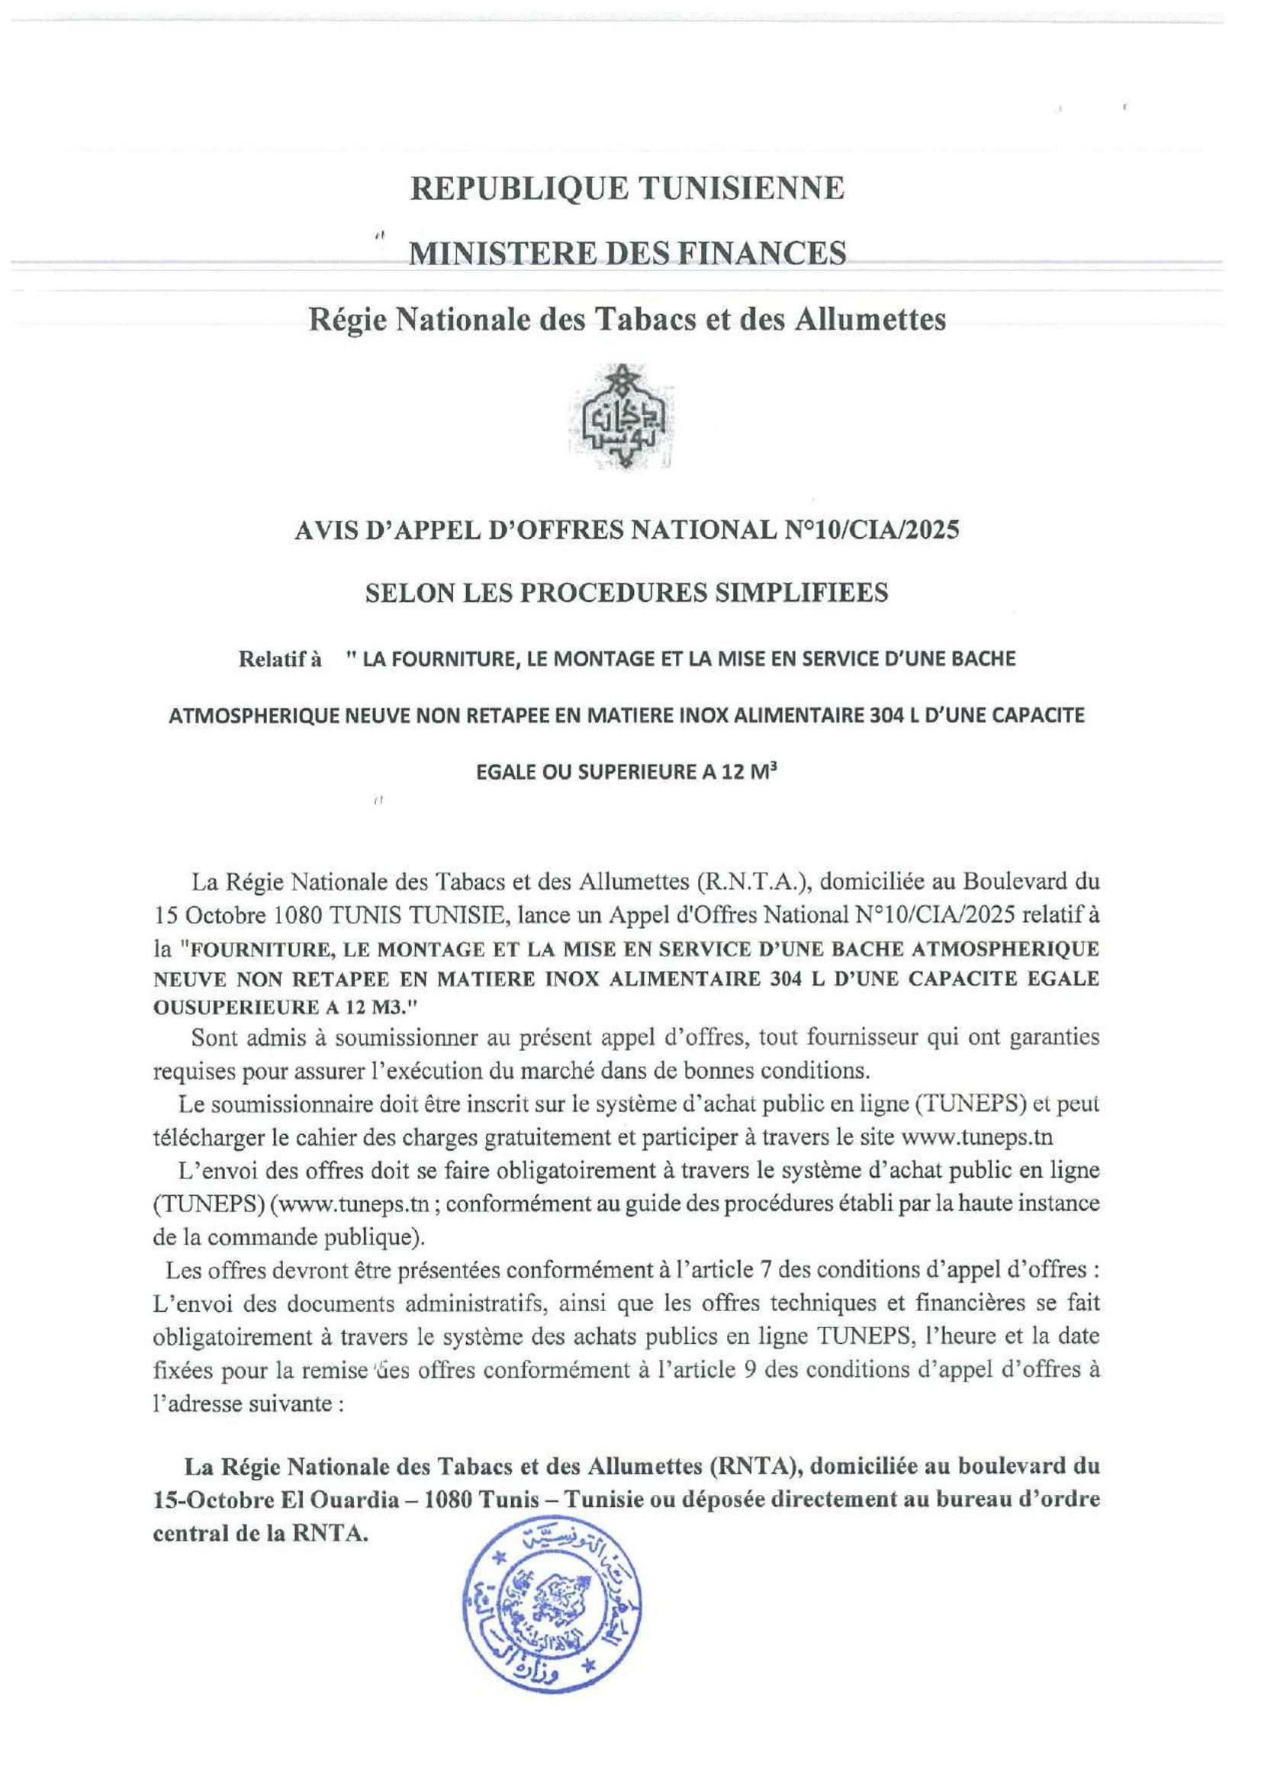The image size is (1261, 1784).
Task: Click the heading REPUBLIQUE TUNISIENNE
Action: pyautogui.click(x=627, y=188)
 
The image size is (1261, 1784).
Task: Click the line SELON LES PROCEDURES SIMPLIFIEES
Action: pyautogui.click(x=626, y=593)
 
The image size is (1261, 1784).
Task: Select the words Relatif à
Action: pyautogui.click(x=280, y=660)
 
